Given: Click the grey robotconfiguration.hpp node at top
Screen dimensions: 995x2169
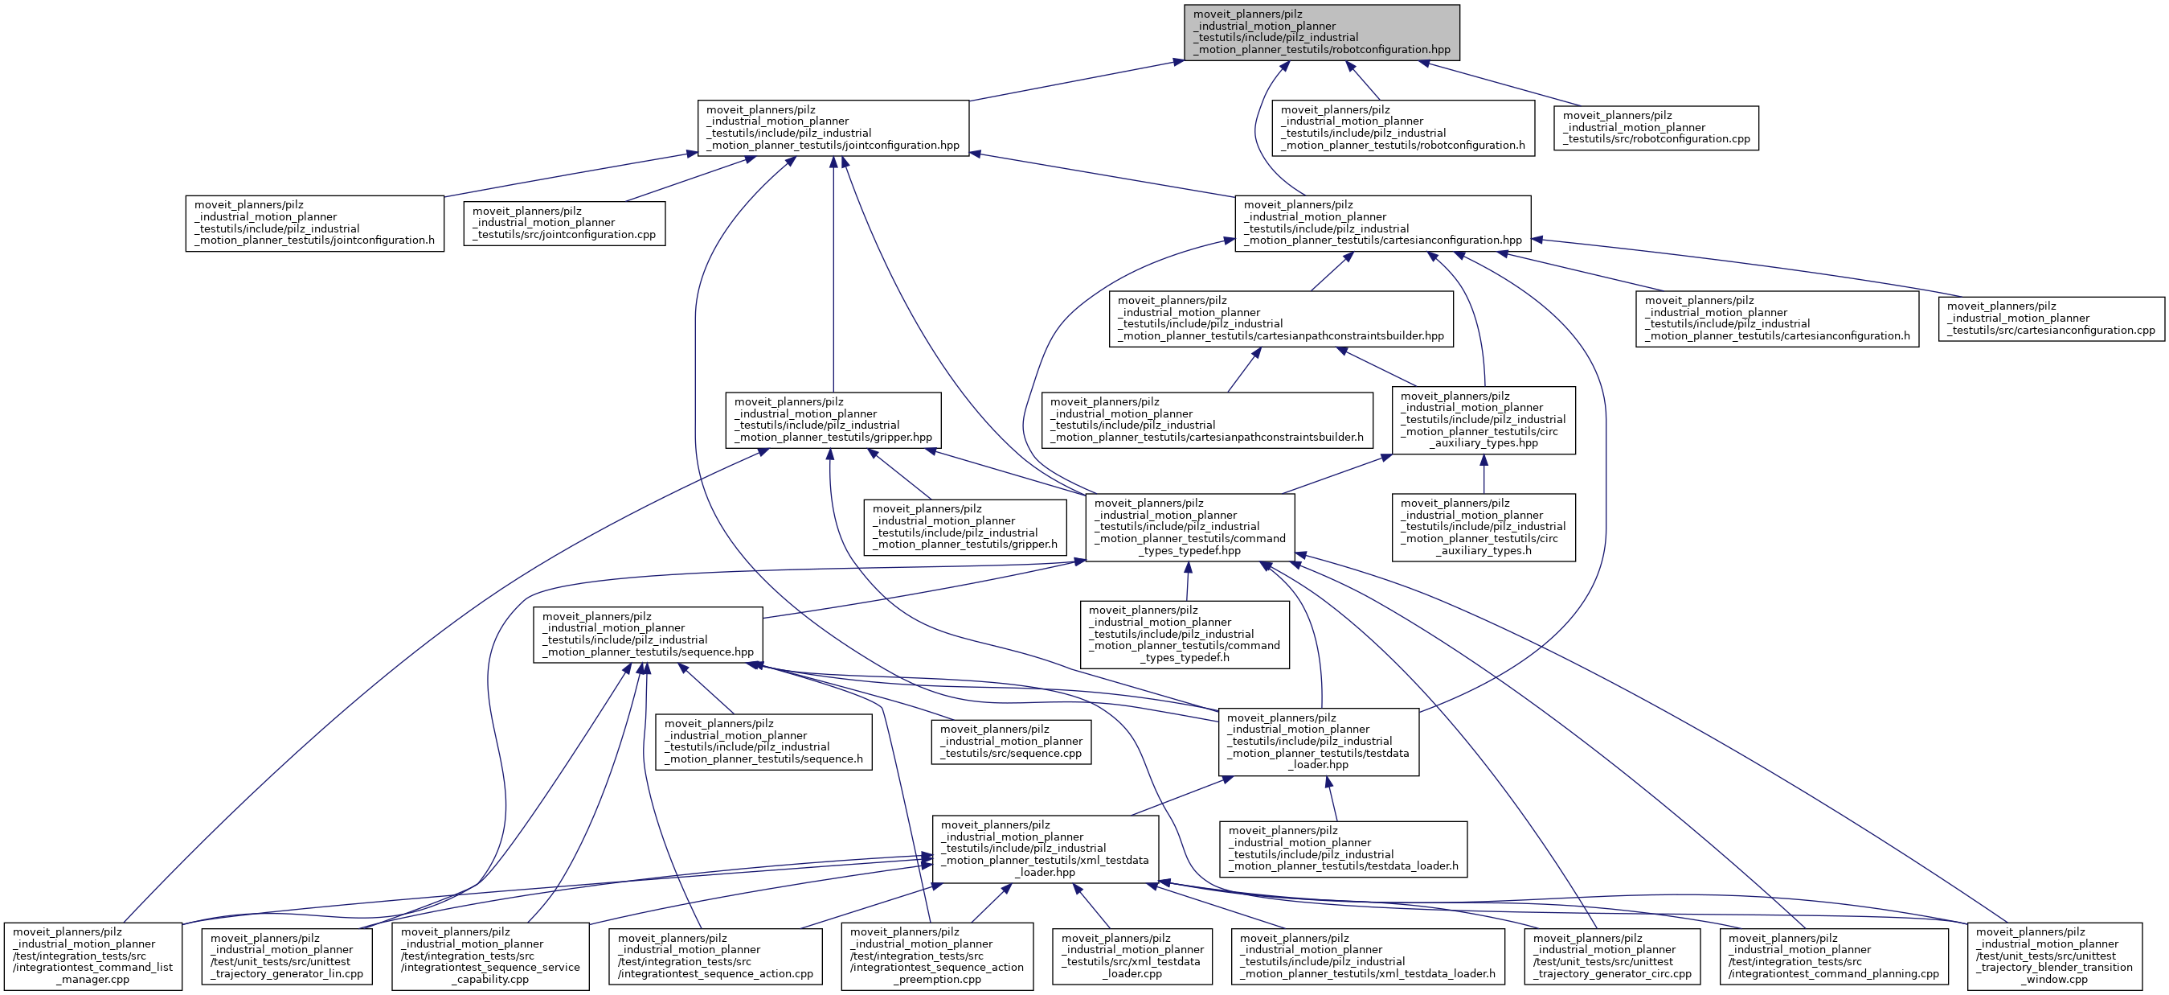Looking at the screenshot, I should (1321, 32).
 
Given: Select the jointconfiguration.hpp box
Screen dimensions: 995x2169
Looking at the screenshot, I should (833, 128).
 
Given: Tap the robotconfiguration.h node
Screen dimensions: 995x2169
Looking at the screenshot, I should (1403, 128).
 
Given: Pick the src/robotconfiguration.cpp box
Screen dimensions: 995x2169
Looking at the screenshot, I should (1656, 128).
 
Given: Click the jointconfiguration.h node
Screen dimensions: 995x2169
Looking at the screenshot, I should (314, 224).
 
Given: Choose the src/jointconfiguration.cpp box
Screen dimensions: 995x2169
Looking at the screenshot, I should (564, 224).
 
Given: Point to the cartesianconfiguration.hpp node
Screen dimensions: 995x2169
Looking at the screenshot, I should (1381, 224).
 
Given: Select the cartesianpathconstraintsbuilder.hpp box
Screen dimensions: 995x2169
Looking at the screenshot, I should (1281, 319).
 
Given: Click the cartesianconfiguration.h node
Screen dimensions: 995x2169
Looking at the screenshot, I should (1777, 319).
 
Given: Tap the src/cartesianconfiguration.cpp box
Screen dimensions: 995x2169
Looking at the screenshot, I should (2051, 319).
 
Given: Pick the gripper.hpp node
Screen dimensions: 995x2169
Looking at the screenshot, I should (833, 421).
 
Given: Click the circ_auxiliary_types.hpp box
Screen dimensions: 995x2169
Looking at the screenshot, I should (1483, 421).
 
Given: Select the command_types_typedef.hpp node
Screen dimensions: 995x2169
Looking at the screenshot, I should (1189, 528).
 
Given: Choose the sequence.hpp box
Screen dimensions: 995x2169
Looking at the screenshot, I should (648, 635).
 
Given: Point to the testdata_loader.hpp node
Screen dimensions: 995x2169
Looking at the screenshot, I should (1318, 742).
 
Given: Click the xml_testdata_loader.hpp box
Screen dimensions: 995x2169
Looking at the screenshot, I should (1044, 849).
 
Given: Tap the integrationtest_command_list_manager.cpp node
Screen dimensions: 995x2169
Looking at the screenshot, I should (92, 956).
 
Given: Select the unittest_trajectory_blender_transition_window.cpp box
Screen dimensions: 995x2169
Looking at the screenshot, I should (2053, 956).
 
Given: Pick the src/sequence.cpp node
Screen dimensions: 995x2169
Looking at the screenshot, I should (1010, 742).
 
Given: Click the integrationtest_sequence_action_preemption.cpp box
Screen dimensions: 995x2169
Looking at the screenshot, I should (936, 956).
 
